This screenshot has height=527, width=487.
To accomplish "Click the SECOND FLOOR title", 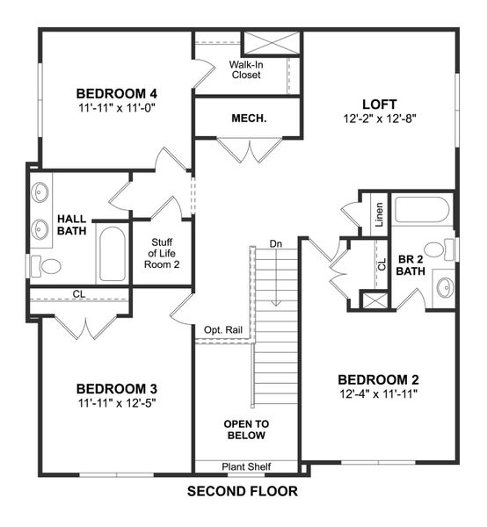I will click(243, 492).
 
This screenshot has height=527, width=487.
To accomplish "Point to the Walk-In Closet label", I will click(247, 69).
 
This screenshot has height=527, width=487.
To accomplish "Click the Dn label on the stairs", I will click(276, 243).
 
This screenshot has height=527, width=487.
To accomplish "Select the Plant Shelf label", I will click(245, 466).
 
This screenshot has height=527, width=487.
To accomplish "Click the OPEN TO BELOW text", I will click(246, 429).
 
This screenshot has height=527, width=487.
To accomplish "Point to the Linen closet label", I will click(379, 214).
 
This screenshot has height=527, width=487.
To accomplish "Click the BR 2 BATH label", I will click(411, 265).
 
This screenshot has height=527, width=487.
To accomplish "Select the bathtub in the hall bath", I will click(111, 255).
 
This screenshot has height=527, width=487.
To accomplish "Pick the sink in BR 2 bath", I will click(445, 286).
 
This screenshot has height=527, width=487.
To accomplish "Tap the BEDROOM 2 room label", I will click(378, 379).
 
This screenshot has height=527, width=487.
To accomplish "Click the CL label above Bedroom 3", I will click(78, 295).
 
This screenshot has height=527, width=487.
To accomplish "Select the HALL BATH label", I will click(72, 225).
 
